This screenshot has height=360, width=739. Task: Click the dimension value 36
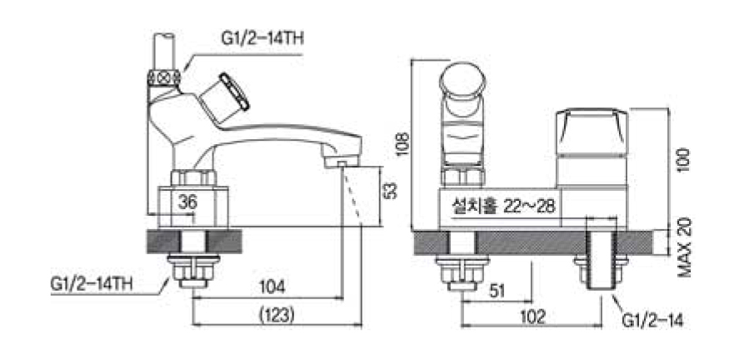[187, 202]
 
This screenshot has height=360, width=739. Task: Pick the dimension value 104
[272, 287]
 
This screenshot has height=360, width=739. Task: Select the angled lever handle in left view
[234, 92]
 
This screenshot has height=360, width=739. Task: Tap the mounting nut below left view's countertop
[191, 268]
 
